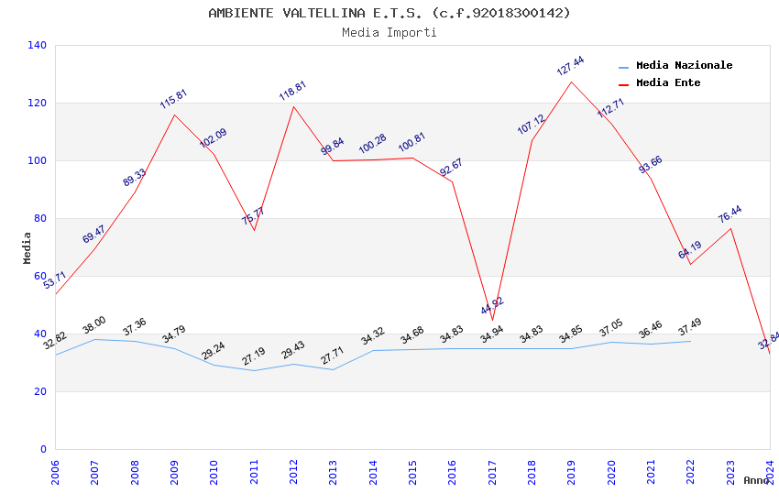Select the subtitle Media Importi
[x=389, y=32]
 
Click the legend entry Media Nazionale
[x=684, y=65]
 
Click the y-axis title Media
[x=27, y=247]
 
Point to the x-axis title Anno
[x=756, y=480]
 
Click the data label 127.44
[x=570, y=66]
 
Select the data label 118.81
[x=292, y=91]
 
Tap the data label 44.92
[x=492, y=306]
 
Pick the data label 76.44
[x=730, y=214]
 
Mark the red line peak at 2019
[x=571, y=82]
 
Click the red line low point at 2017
[x=492, y=320]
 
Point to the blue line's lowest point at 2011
[x=254, y=370]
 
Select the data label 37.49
[x=689, y=327]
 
